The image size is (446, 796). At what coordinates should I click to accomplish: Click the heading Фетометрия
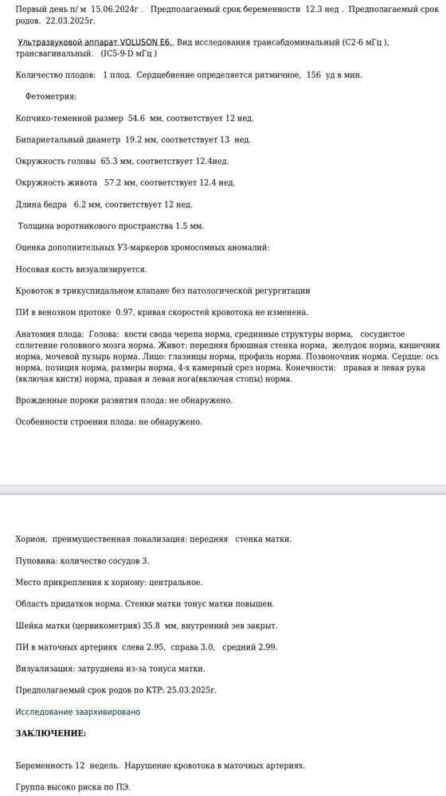coord(50,96)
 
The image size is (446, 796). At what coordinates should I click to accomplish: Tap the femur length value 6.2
coord(80,204)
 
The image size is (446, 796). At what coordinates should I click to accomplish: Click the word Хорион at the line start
coord(30,539)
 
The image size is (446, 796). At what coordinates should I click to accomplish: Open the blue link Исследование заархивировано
coord(77,712)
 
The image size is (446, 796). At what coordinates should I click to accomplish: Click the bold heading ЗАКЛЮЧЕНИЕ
coord(50,733)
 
